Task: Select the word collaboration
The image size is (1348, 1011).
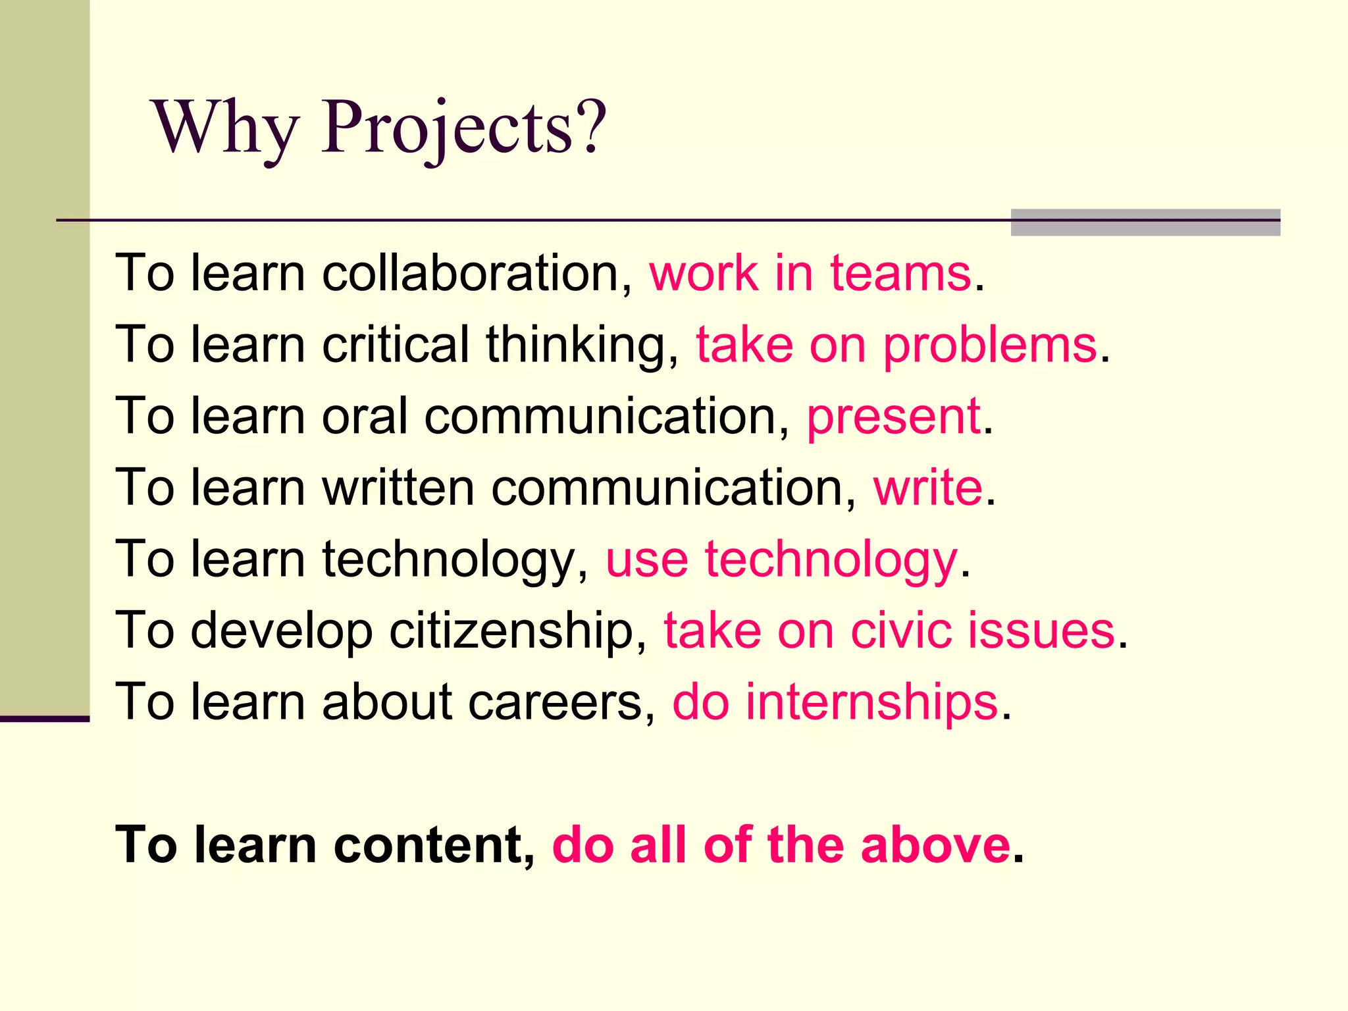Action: pos(477,273)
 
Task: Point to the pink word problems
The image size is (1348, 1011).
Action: pos(990,346)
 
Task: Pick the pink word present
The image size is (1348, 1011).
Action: pos(893,417)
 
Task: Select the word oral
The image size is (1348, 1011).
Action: pos(365,417)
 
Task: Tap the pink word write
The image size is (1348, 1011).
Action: pos(927,488)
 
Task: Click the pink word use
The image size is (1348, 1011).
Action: pos(647,560)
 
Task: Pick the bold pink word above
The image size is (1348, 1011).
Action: pos(935,845)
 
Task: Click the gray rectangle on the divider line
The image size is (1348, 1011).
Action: pos(1145,222)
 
